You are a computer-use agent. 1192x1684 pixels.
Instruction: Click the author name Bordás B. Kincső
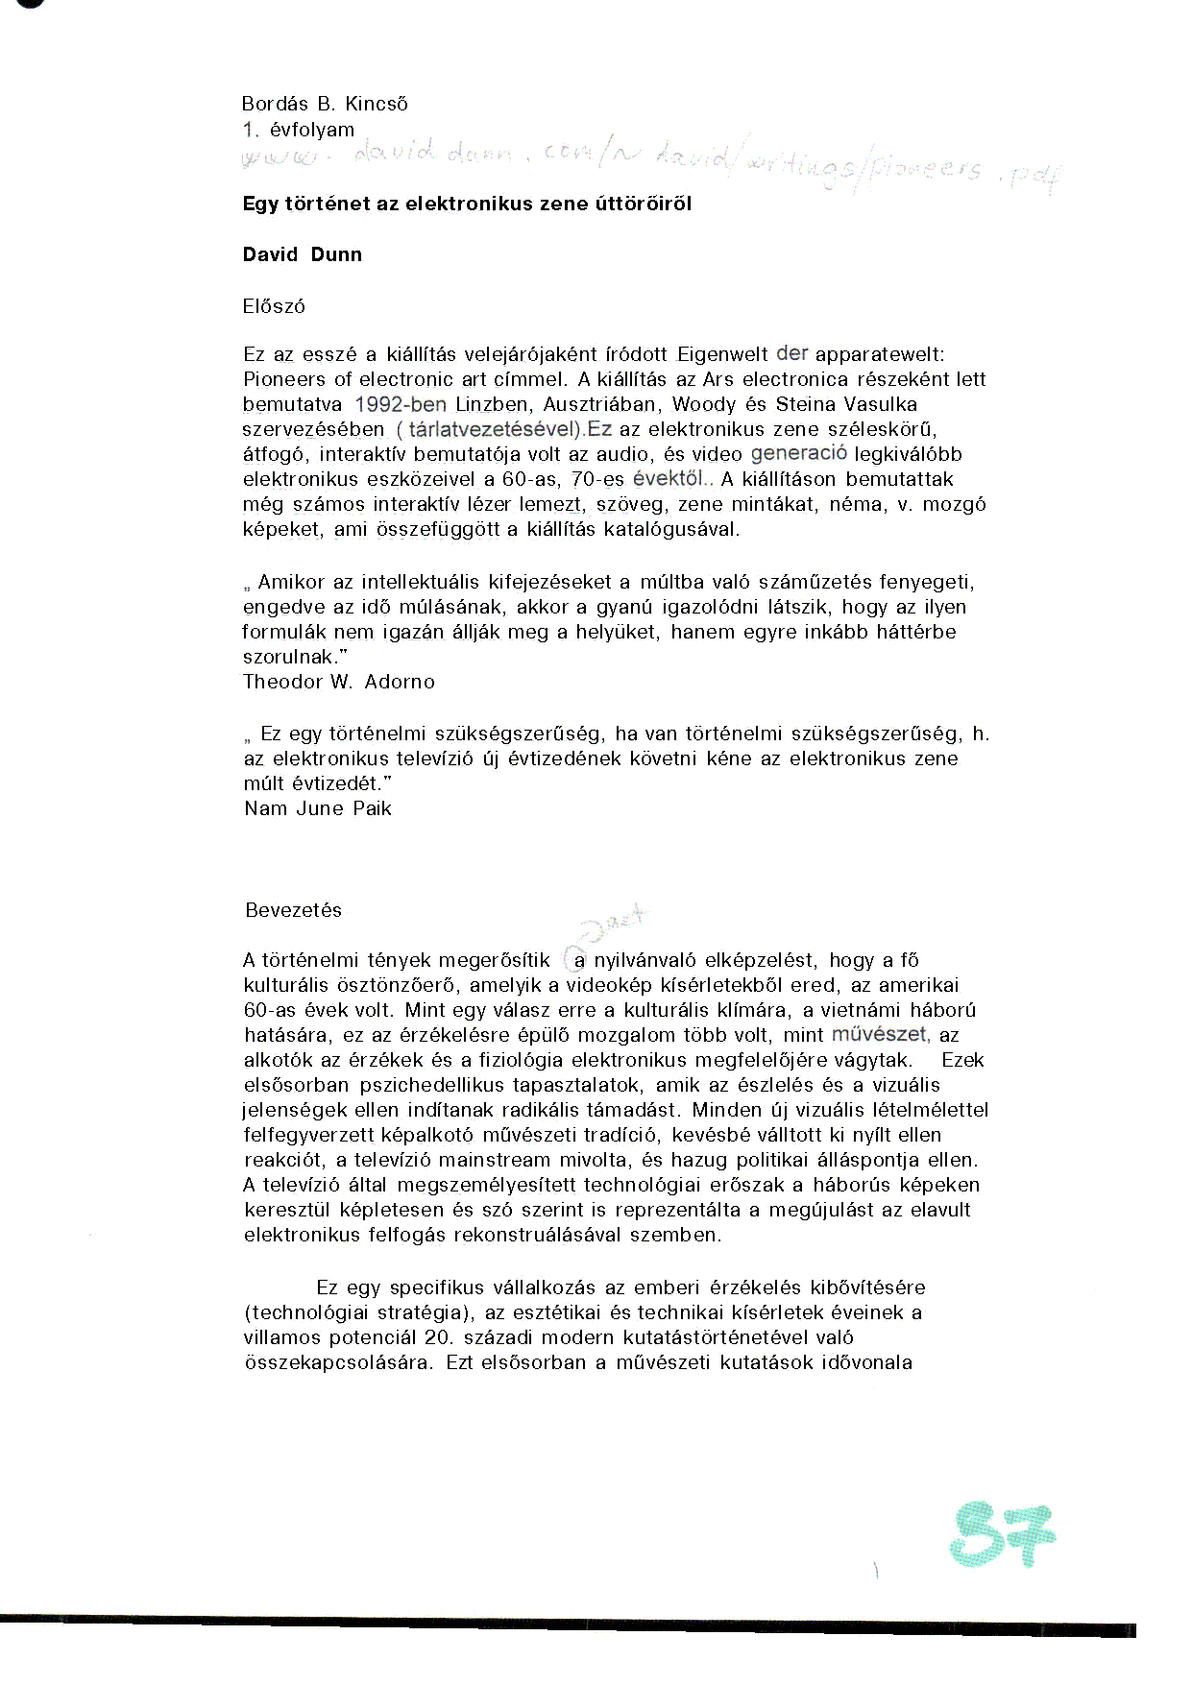point(325,104)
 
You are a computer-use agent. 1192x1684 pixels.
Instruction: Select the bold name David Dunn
point(303,254)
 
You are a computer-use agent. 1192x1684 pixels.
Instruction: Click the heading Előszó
point(274,306)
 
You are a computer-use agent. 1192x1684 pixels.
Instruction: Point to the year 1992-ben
point(401,404)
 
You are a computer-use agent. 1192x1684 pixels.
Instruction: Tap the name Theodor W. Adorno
point(339,682)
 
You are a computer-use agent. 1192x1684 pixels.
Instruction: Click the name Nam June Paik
point(318,808)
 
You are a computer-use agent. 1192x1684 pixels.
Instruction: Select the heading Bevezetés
point(293,910)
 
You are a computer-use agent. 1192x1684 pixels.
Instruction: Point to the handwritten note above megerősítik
point(616,922)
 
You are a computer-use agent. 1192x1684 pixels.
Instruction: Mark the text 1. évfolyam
point(299,130)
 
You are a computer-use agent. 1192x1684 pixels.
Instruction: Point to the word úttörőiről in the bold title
point(643,204)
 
